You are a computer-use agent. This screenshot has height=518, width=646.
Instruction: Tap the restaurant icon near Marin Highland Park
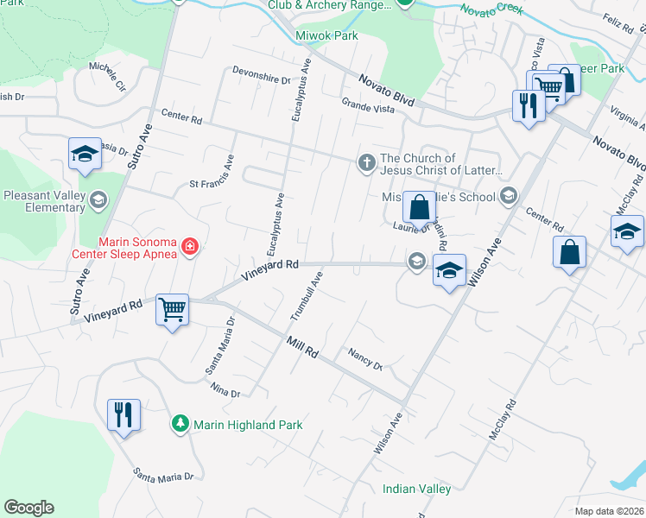(123, 414)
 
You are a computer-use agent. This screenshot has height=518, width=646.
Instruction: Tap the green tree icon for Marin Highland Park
(180, 425)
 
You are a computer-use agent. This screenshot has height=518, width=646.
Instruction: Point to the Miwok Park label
(326, 36)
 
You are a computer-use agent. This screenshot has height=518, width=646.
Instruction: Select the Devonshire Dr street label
(262, 75)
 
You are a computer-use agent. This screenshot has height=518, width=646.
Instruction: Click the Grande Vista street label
(367, 106)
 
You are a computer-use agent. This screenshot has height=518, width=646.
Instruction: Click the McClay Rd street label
(502, 420)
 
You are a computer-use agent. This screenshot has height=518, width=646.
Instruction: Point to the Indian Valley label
(416, 490)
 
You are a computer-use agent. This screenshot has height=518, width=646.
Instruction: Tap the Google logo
(28, 508)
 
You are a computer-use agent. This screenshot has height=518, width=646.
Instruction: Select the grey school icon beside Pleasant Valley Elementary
(98, 200)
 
